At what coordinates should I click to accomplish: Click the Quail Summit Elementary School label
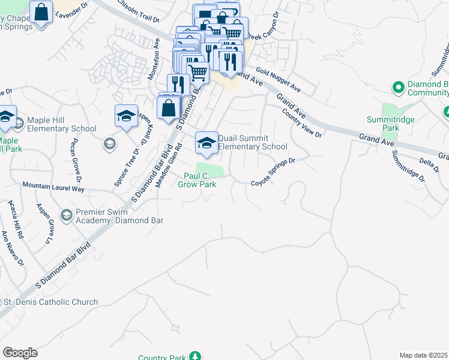pyautogui.click(x=252, y=142)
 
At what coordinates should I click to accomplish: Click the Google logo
pyautogui.click(x=20, y=352)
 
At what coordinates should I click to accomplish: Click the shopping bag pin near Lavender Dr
pyautogui.click(x=41, y=11)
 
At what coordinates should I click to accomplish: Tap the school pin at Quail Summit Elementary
pyautogui.click(x=207, y=143)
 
